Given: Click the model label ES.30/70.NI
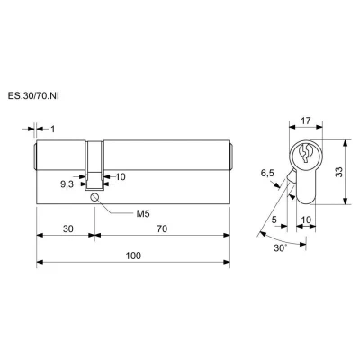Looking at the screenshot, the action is pyautogui.click(x=33, y=96).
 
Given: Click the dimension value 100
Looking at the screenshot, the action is pyautogui.click(x=133, y=256).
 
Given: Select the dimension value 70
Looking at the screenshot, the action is pyautogui.click(x=162, y=229).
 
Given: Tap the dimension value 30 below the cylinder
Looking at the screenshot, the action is pyautogui.click(x=68, y=229).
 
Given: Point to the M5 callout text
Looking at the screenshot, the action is pyautogui.click(x=143, y=214).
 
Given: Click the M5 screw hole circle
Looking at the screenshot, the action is pyautogui.click(x=94, y=197).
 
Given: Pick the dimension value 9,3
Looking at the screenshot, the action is pyautogui.click(x=67, y=184).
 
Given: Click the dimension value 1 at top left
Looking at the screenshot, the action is pyautogui.click(x=53, y=130).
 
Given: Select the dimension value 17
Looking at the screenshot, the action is pyautogui.click(x=305, y=121).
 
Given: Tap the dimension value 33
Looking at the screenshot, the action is pyautogui.click(x=338, y=172).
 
